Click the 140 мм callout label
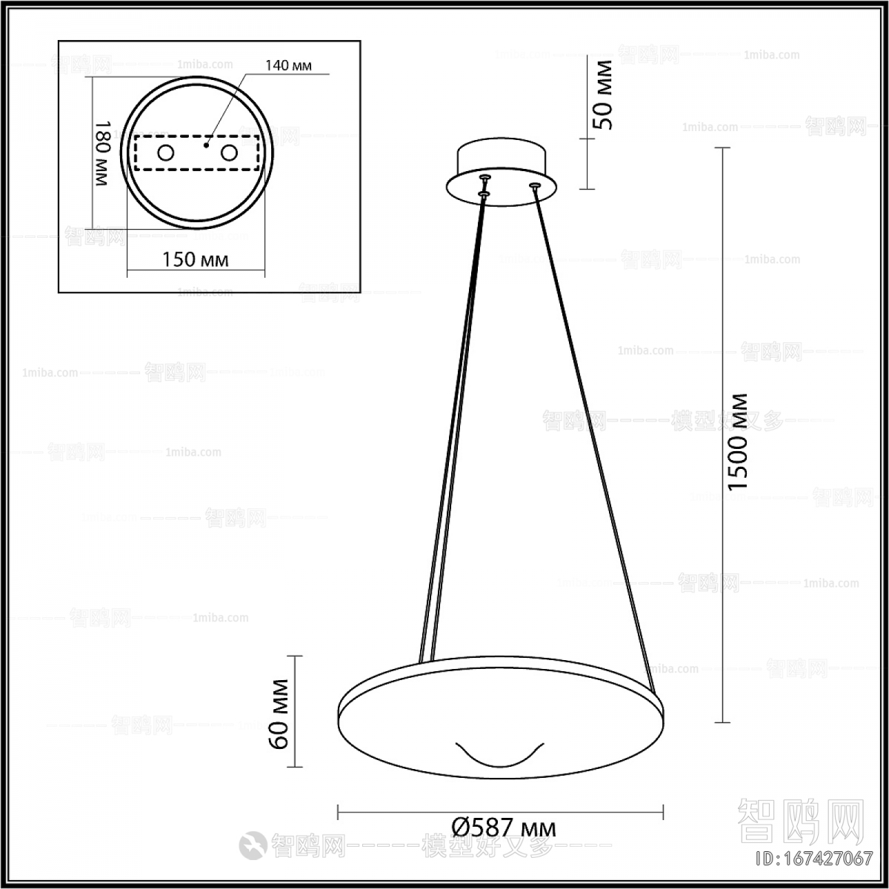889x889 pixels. coord(288,66)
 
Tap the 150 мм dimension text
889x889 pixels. coord(195,259)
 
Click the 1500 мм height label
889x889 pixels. coord(739,441)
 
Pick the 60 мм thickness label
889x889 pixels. coord(279,713)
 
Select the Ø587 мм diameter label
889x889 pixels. coord(503,826)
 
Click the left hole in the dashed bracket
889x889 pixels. coord(165,153)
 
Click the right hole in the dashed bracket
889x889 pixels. coord(230,153)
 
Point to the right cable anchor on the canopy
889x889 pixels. coord(533,185)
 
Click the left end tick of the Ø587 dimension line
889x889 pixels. coord(338,812)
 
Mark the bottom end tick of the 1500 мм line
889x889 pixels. coord(722,722)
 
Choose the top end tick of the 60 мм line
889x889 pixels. coord(295,656)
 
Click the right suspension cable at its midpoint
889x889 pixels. coord(593,437)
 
